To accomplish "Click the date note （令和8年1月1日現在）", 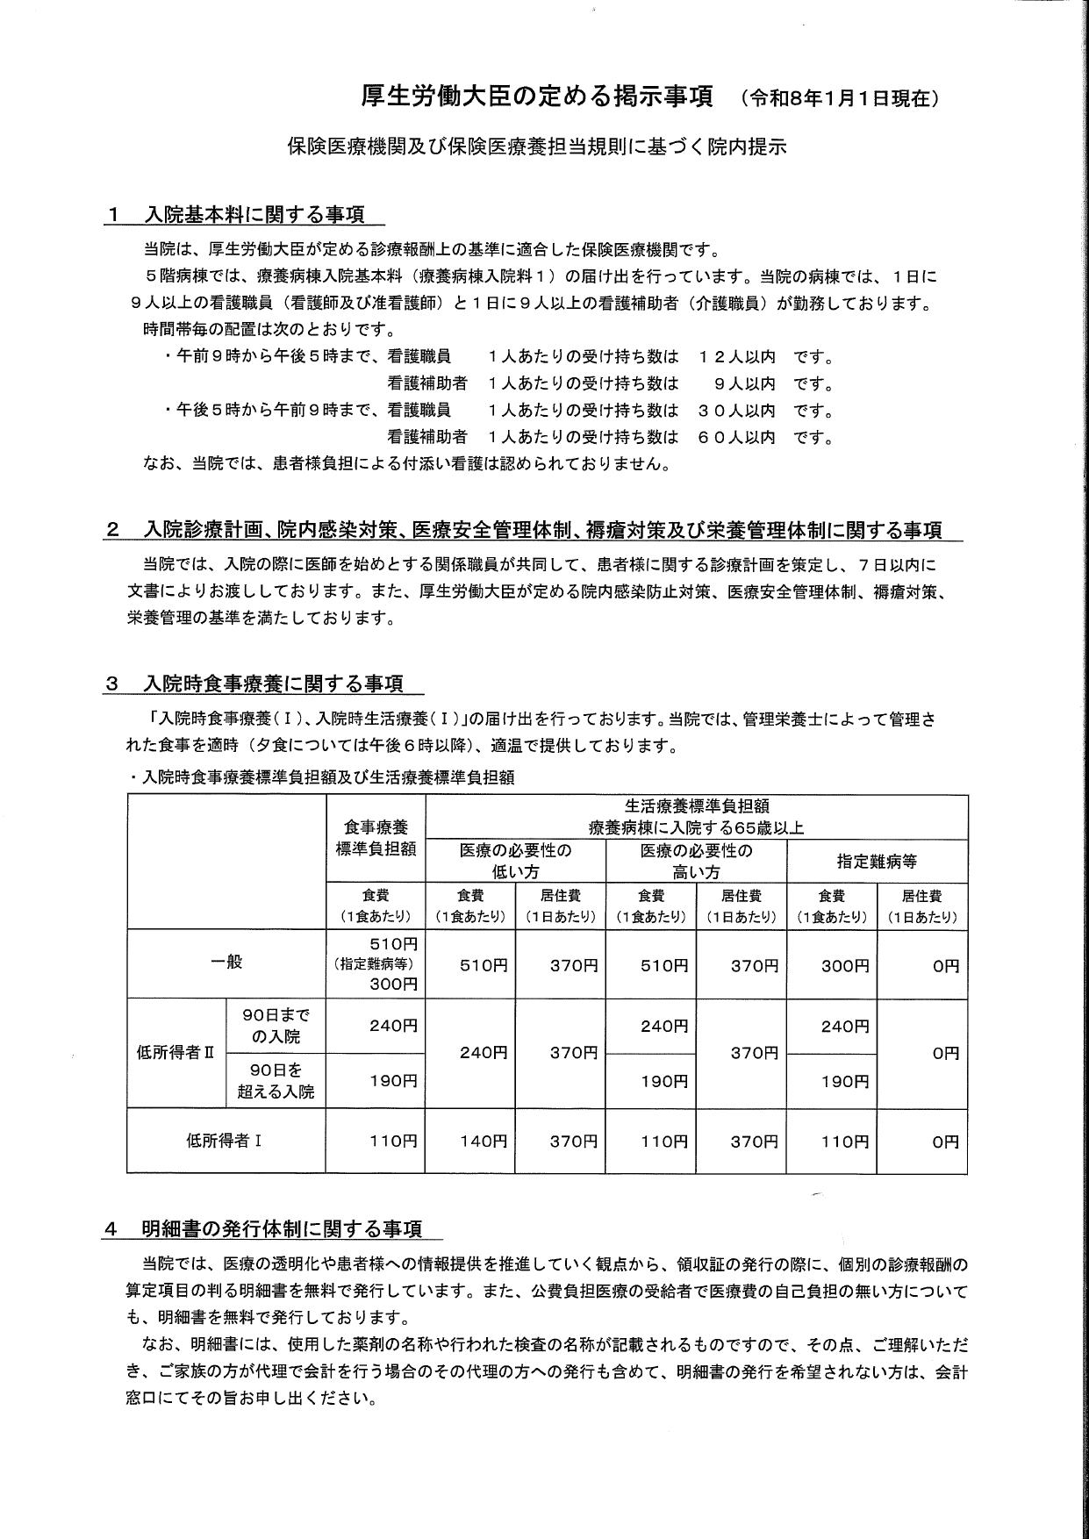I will [x=841, y=99].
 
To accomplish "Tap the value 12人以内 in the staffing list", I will [x=737, y=357].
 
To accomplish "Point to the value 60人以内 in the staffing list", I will [x=737, y=436].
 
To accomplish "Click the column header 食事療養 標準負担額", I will [x=376, y=838].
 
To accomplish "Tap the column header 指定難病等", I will [x=877, y=861].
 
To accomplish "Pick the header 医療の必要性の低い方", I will [x=515, y=861].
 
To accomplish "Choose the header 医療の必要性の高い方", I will [x=696, y=861].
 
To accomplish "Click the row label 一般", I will [x=226, y=962].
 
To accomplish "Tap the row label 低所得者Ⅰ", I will [x=226, y=1141].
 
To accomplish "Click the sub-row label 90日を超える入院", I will [x=276, y=1081].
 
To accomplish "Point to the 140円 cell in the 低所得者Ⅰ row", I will [x=484, y=1142].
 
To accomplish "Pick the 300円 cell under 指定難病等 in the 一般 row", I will [x=844, y=966].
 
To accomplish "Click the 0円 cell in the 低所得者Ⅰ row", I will [x=945, y=1142].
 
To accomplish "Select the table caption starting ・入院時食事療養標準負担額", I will [x=320, y=777].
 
